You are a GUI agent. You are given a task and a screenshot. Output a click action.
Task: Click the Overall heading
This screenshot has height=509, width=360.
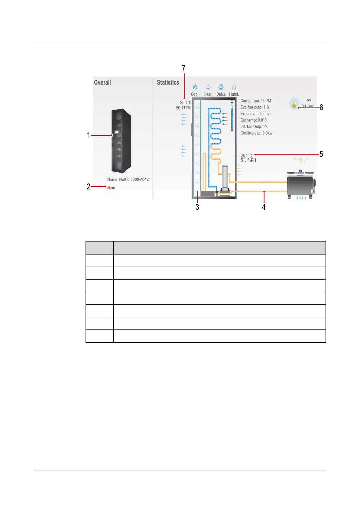coord(102,83)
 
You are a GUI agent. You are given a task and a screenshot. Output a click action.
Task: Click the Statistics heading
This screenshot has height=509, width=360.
coord(168,83)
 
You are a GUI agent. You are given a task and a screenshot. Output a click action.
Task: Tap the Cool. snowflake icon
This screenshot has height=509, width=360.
coord(195,88)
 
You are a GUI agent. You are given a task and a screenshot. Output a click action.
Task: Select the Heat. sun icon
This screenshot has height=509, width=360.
coord(208,88)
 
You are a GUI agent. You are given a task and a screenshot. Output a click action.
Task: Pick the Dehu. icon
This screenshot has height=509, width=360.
coord(221,88)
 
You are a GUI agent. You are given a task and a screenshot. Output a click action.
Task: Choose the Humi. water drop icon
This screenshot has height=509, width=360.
coord(234,88)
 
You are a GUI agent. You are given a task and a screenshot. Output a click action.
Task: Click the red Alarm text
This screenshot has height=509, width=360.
coord(111,188)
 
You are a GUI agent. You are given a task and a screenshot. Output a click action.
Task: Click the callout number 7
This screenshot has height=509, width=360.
coord(183,68)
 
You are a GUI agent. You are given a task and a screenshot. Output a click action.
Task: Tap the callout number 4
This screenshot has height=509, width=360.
coord(264,207)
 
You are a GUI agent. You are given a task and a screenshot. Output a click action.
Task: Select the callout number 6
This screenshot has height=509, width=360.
coord(321,108)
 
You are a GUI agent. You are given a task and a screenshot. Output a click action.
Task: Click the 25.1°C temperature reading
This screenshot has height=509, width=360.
coord(186,103)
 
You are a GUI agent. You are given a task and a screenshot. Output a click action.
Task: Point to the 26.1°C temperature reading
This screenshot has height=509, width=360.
coord(246,156)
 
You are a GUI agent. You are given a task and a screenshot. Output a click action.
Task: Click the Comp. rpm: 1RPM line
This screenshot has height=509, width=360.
coord(256,101)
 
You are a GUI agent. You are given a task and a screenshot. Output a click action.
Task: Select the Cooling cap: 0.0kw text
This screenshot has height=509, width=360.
coord(256,133)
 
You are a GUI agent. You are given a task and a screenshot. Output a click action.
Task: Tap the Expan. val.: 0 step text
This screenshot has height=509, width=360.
coord(255,114)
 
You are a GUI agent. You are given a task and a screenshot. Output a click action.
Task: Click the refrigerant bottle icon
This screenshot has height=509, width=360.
coord(294,103)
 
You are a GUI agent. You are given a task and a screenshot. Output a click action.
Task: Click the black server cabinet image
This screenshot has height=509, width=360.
coord(121,141)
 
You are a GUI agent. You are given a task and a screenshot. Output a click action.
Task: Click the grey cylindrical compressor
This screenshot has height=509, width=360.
coord(225,177)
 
